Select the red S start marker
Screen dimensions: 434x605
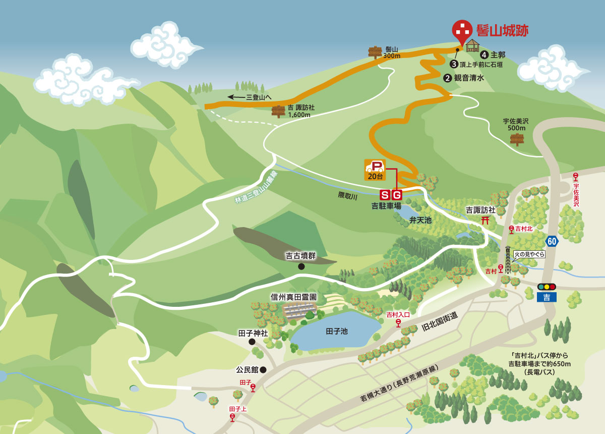[385, 195]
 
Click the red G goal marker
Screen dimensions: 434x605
[397, 195]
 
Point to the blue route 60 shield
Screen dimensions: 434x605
[552, 241]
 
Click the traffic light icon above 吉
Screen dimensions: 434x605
[547, 287]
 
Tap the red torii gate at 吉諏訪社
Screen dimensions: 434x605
[486, 220]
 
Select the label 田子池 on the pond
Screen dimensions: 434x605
[337, 331]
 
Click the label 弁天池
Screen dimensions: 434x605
[420, 220]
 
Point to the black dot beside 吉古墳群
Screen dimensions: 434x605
[301, 266]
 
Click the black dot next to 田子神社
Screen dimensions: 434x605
[252, 342]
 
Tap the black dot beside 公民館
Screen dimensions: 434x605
[263, 370]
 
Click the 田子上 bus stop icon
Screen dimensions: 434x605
[232, 417]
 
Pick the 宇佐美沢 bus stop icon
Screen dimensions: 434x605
[575, 177]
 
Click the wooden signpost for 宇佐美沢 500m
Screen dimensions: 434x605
[517, 139]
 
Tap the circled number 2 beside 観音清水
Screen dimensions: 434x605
[447, 78]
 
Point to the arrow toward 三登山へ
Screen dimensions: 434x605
[235, 97]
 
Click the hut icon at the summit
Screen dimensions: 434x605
[472, 45]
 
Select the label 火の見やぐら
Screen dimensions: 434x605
[529, 254]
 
